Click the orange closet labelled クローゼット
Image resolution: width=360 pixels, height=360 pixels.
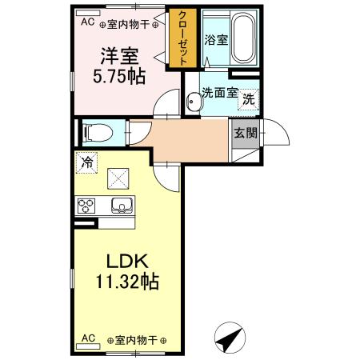pyautogui.click(x=182, y=38)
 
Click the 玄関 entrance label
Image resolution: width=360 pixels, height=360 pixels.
pyautogui.click(x=244, y=134)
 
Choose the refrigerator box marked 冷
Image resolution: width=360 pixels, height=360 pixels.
pyautogui.click(x=87, y=162)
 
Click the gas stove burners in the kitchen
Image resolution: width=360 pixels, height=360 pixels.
pyautogui.click(x=86, y=206)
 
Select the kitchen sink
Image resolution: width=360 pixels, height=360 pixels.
pyautogui.click(x=122, y=206)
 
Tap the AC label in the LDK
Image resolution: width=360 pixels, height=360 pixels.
pyautogui.click(x=89, y=339)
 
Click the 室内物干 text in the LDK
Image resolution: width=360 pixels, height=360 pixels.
pyautogui.click(x=136, y=340)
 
